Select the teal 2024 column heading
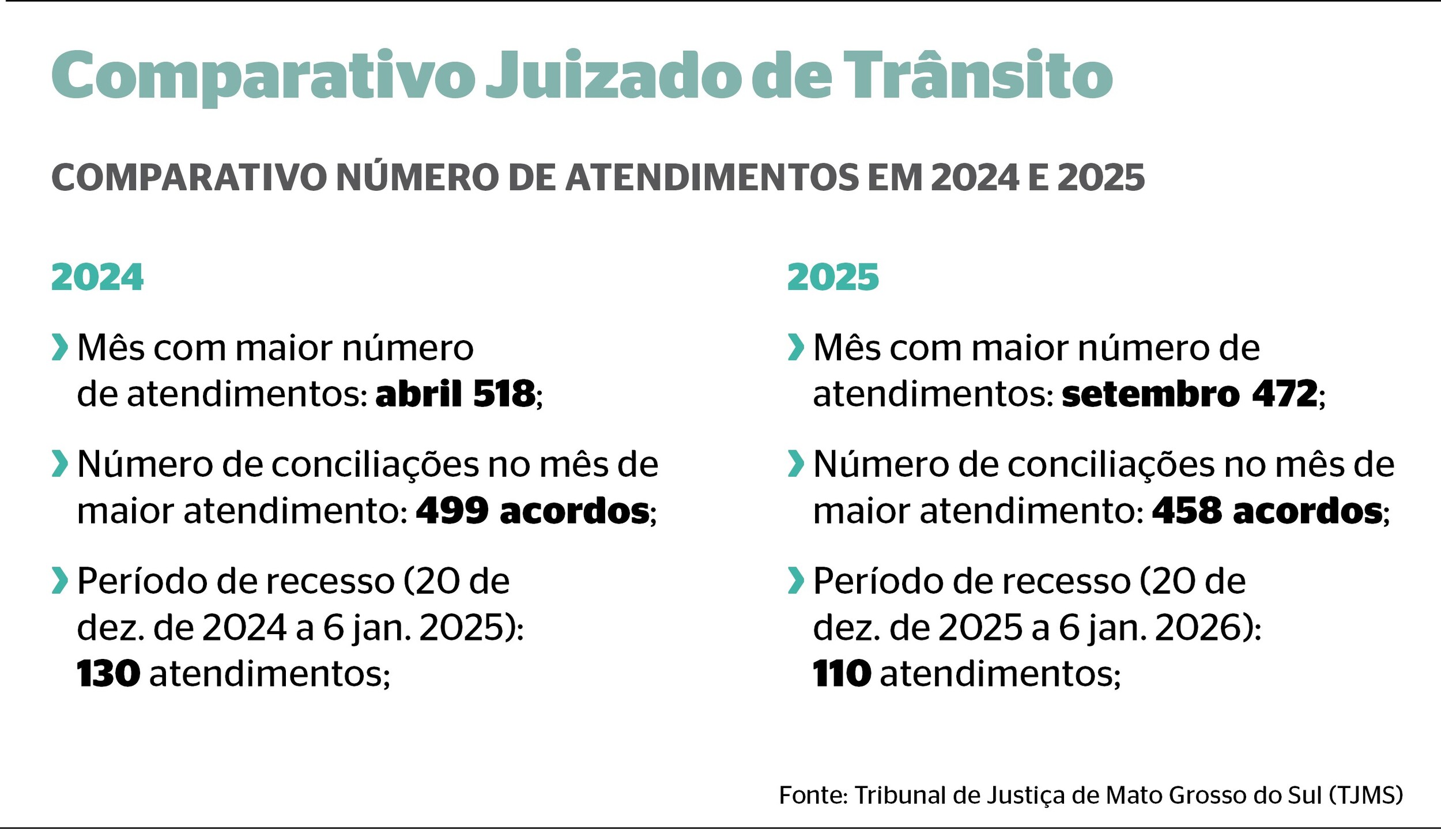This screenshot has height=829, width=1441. [x=97, y=277]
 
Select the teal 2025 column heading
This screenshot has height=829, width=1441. [x=833, y=277]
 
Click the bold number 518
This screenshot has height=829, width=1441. [x=504, y=394]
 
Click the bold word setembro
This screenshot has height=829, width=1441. [x=1150, y=394]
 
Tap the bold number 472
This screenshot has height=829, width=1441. [x=1285, y=394]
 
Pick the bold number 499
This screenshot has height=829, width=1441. [x=452, y=511]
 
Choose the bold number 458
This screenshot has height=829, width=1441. [x=1187, y=511]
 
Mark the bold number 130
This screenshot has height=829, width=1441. [x=108, y=673]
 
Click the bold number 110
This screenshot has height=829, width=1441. [x=842, y=673]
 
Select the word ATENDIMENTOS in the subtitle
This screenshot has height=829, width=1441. [x=712, y=178]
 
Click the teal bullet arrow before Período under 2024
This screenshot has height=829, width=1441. [x=59, y=581]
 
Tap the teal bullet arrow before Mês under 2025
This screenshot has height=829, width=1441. [x=795, y=347]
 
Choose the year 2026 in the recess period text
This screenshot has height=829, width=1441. [x=1201, y=627]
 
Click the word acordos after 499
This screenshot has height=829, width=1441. [x=575, y=511]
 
